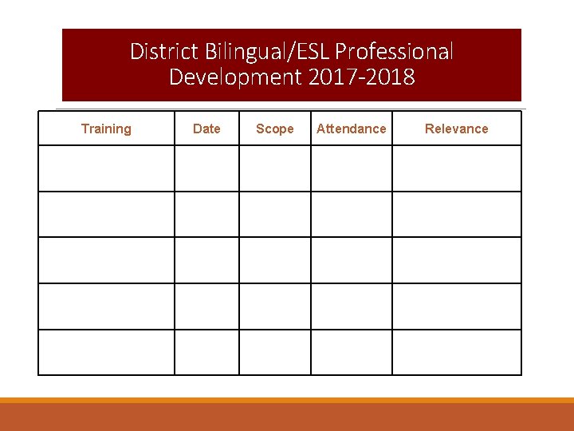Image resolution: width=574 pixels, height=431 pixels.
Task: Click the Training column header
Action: (106, 129)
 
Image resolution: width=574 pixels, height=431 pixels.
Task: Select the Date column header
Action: (206, 129)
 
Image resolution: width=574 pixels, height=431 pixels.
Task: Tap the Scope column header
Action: (274, 129)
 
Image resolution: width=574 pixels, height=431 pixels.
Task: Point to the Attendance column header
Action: (351, 129)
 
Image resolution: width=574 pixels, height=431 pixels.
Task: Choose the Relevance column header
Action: (456, 129)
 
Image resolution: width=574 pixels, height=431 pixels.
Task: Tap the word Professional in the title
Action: (394, 52)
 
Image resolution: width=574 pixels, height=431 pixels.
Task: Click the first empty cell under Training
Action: (106, 168)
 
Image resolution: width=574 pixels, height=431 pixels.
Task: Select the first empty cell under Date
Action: (206, 168)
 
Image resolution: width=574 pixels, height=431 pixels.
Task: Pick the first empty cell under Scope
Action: (274, 168)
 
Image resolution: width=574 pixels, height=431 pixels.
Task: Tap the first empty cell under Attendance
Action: (351, 168)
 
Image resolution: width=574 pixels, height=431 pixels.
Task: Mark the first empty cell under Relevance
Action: (456, 168)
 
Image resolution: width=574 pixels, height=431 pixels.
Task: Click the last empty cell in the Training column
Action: (106, 352)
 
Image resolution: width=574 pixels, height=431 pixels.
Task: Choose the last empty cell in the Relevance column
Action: (456, 352)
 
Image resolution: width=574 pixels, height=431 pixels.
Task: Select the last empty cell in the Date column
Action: (206, 352)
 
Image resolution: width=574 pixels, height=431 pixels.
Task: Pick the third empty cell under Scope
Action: (274, 260)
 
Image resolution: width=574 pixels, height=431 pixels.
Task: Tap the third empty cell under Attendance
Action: (351, 260)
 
